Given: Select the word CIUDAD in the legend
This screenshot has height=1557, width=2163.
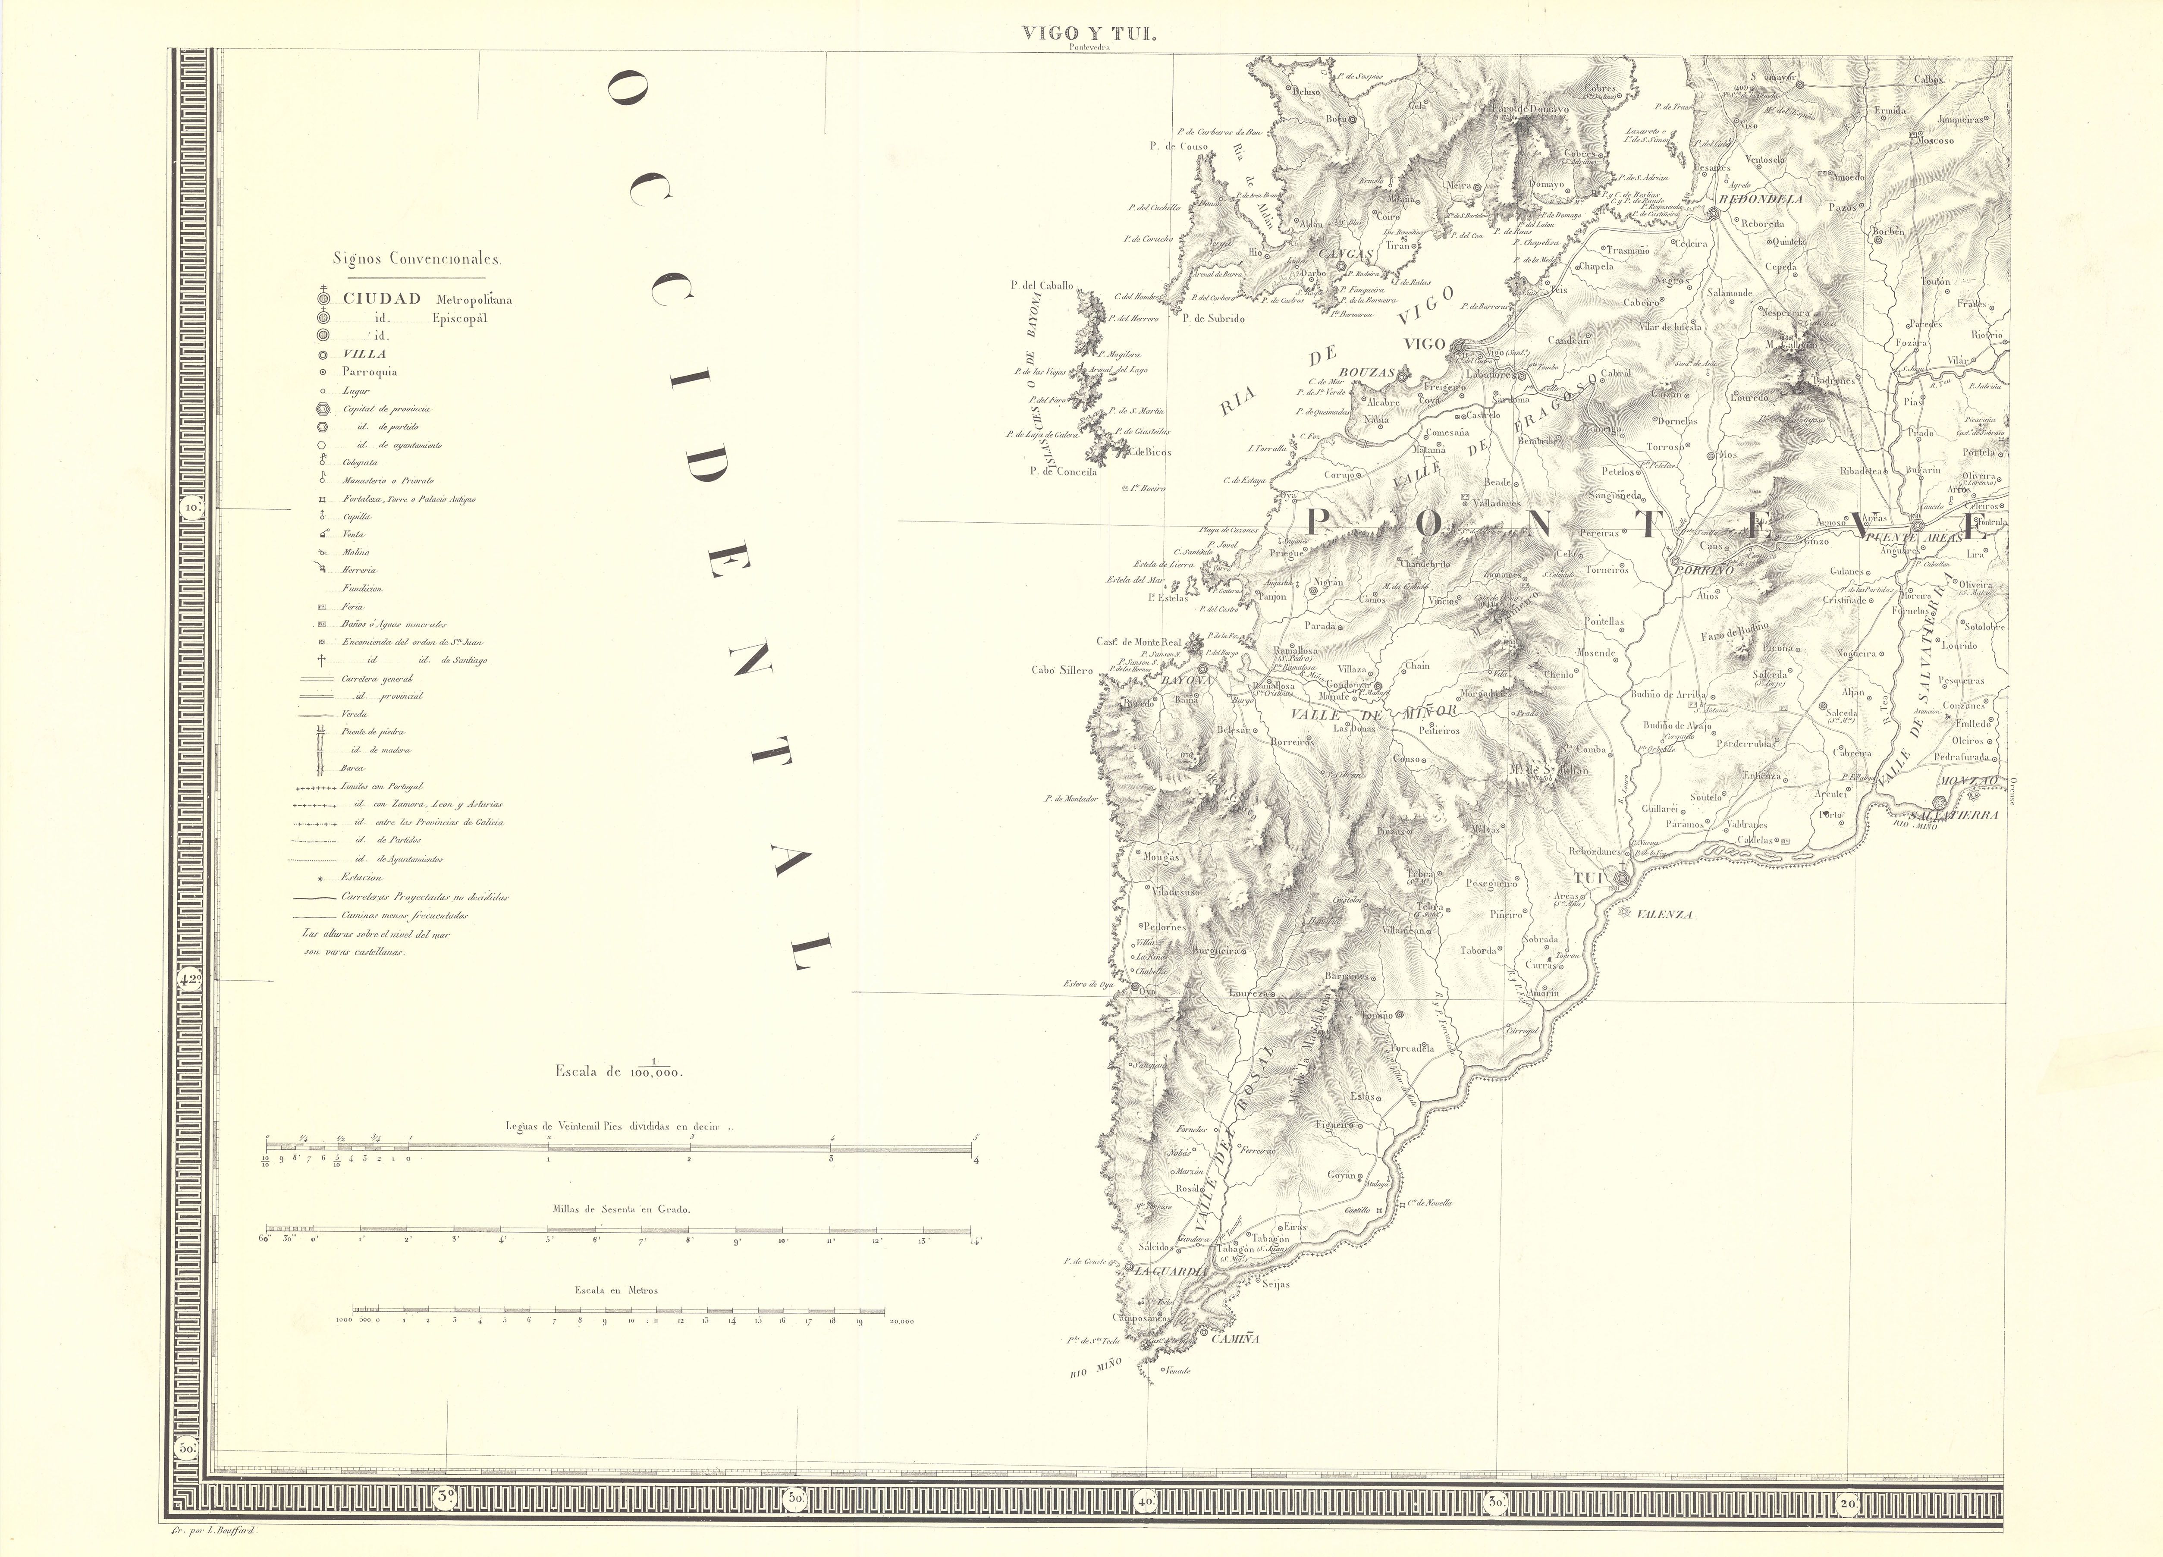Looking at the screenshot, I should click(381, 298).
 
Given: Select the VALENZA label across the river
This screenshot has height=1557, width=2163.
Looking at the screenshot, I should click(1664, 914).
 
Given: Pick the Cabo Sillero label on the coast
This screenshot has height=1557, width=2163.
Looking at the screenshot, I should click(1061, 670).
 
